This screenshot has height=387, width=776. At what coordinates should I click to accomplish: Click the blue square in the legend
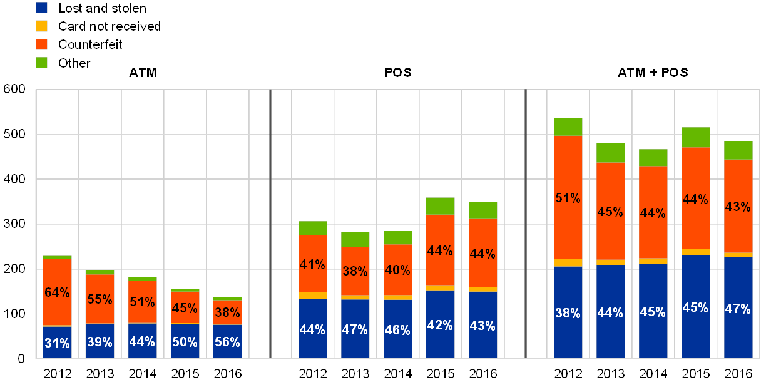pyautogui.click(x=42, y=8)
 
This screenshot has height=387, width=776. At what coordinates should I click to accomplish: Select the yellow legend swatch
pyautogui.click(x=42, y=26)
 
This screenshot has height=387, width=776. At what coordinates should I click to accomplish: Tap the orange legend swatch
pyautogui.click(x=42, y=44)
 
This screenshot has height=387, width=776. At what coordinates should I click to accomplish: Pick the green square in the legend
pyautogui.click(x=42, y=63)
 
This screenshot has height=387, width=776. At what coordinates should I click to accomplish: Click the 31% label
pyautogui.click(x=57, y=343)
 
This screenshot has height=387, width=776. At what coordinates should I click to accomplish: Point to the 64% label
pyautogui.click(x=57, y=292)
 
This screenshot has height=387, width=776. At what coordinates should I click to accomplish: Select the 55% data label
pyautogui.click(x=100, y=299)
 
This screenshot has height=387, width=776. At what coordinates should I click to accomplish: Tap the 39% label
pyautogui.click(x=100, y=342)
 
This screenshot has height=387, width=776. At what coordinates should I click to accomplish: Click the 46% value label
pyautogui.click(x=397, y=329)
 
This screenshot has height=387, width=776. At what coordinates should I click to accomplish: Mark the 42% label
pyautogui.click(x=440, y=326)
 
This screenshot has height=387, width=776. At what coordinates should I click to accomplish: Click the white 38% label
pyautogui.click(x=568, y=313)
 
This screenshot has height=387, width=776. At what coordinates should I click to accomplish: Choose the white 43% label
pyautogui.click(x=482, y=326)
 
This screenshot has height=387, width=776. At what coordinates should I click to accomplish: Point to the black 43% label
pyautogui.click(x=738, y=206)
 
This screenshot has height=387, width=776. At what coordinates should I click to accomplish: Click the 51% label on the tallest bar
pyautogui.click(x=568, y=198)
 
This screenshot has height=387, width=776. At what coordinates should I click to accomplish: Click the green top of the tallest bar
pyautogui.click(x=568, y=126)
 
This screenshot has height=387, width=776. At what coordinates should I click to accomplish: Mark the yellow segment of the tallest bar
pyautogui.click(x=568, y=262)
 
